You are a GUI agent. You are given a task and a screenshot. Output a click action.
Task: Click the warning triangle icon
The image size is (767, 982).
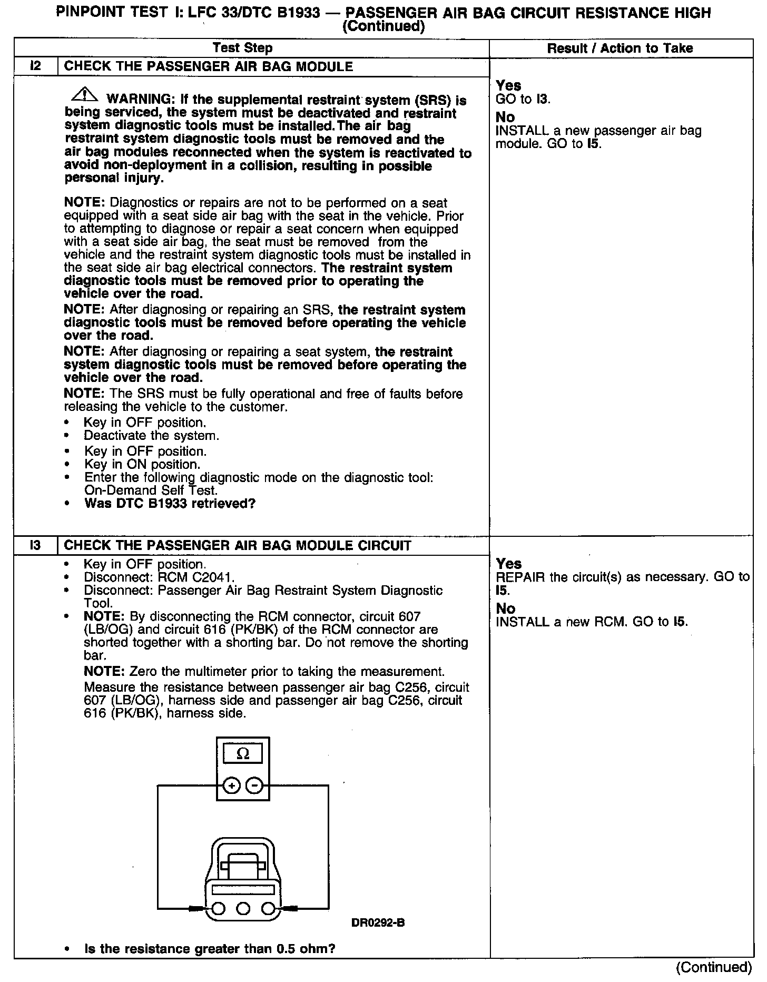pyautogui.click(x=84, y=95)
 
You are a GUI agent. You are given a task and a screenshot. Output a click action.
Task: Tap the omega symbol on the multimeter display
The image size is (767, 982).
pyautogui.click(x=243, y=754)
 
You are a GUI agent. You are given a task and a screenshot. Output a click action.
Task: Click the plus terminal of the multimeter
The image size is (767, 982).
pyautogui.click(x=231, y=786)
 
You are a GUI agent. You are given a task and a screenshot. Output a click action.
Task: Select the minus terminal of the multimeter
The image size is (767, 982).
pyautogui.click(x=255, y=786)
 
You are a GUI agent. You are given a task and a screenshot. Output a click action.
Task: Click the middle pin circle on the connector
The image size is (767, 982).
pyautogui.click(x=243, y=908)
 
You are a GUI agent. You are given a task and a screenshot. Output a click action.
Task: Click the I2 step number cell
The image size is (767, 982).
pyautogui.click(x=35, y=66)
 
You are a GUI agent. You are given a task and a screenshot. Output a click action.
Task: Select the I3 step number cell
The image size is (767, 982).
pyautogui.click(x=35, y=545)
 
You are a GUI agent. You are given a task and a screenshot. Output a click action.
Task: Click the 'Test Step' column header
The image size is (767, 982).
pyautogui.click(x=242, y=48)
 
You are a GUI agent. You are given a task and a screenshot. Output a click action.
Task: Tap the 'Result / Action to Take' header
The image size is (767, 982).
pyautogui.click(x=620, y=48)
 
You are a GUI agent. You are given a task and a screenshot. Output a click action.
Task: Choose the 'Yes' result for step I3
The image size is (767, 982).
pyautogui.click(x=508, y=564)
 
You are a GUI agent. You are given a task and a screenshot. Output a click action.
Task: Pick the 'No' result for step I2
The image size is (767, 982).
pyautogui.click(x=505, y=116)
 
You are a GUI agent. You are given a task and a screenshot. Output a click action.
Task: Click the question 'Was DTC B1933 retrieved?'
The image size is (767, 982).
pyautogui.click(x=170, y=503)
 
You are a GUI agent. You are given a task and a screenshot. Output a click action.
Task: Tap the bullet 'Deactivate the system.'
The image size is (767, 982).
pyautogui.click(x=151, y=436)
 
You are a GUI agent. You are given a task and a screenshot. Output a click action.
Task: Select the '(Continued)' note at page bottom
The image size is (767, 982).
pyautogui.click(x=714, y=967)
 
